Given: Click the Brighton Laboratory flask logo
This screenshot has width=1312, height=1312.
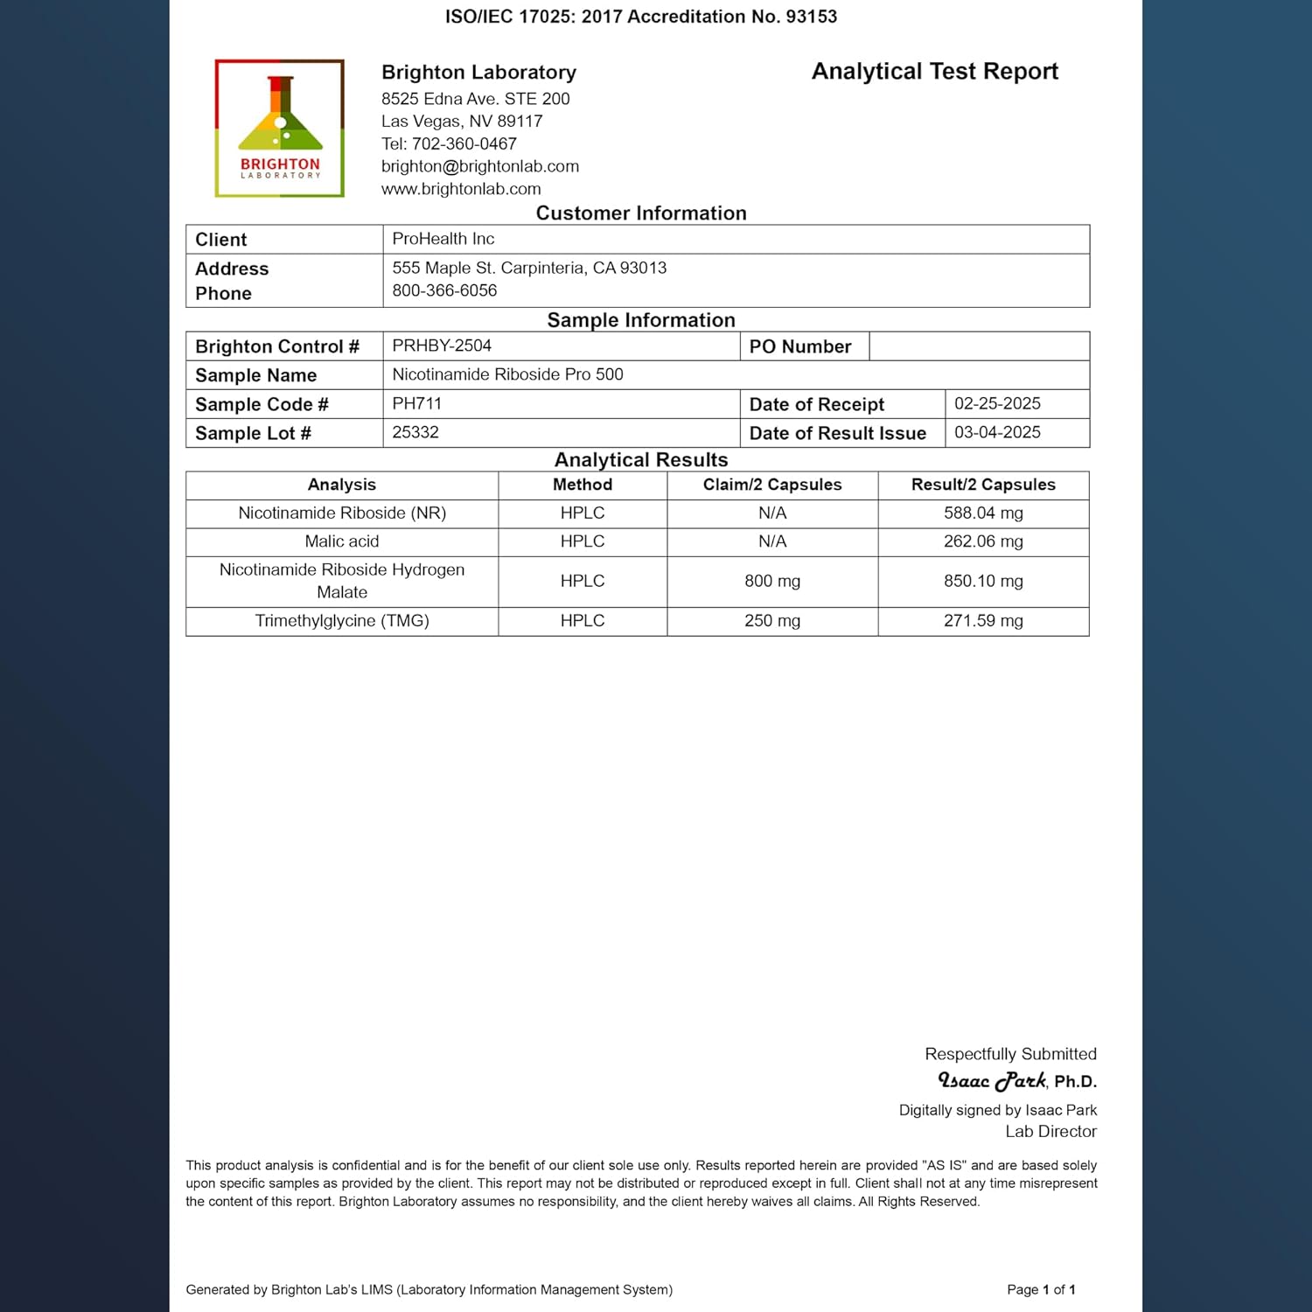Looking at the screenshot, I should [280, 128].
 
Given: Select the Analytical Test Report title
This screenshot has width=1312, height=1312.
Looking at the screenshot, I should [934, 72].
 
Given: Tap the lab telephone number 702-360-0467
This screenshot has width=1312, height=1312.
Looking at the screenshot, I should [464, 143].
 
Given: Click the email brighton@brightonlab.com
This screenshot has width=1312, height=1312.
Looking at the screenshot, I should [479, 166].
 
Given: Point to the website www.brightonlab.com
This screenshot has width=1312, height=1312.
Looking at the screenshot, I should [461, 189].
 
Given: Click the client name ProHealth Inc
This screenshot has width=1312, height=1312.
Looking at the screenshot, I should [443, 239].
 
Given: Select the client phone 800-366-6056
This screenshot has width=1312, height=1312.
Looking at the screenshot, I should [444, 290].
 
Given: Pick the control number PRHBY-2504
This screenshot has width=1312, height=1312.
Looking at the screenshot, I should [442, 345].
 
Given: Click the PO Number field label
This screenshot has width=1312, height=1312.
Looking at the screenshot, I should [799, 346].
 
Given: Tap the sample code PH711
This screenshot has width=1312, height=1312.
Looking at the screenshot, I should [416, 403].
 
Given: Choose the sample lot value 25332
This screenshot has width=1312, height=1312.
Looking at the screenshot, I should [415, 432].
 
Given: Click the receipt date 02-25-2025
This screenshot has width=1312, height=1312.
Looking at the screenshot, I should [997, 403].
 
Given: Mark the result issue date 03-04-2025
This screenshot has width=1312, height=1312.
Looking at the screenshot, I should [997, 432].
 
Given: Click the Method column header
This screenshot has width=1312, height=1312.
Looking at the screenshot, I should [583, 485].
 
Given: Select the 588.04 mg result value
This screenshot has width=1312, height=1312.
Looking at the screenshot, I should [983, 513].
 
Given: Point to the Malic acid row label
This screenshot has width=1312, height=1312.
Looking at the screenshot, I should [342, 541].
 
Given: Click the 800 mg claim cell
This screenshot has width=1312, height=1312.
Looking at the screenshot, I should [772, 581].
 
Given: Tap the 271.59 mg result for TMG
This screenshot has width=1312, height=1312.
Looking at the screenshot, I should [983, 621].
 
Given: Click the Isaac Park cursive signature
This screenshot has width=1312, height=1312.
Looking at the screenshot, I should [992, 1081].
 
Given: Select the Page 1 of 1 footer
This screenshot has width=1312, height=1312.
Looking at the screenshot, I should [1041, 1289].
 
